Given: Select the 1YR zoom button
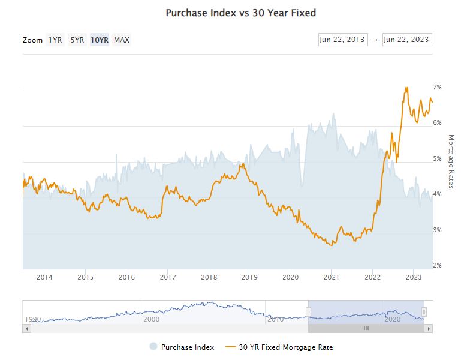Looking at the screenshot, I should tap(56, 40).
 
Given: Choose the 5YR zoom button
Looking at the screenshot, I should tap(77, 40).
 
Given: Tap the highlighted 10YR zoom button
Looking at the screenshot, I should tap(100, 40).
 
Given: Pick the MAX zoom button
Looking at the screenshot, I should tap(122, 40).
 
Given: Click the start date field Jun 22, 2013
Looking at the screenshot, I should tap(343, 40).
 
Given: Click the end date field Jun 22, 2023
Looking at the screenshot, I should tap(407, 40).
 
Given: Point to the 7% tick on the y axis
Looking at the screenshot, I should tap(438, 87).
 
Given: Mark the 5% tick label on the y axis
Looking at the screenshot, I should tap(438, 158).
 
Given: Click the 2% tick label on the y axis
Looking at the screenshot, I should tap(438, 265).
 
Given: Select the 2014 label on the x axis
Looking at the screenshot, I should tap(44, 277).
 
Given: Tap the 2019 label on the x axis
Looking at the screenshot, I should tap(249, 277).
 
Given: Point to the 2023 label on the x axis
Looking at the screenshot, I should tap(414, 277).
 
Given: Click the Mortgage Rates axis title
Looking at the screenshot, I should tap(451, 161).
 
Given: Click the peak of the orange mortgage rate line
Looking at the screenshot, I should tap(406, 88).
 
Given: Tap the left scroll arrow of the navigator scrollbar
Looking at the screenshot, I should tap(26, 328).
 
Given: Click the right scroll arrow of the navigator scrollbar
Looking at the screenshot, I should tap(429, 328).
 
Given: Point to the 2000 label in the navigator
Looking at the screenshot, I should tap(152, 319).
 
